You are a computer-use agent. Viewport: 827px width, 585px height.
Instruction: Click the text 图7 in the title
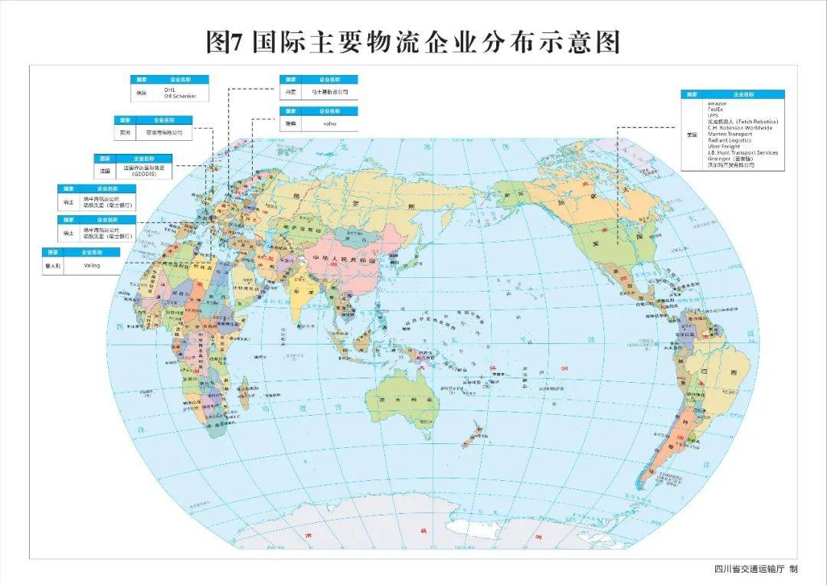pyautogui.click(x=224, y=43)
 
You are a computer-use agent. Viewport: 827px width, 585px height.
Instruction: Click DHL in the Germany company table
pyautogui.click(x=170, y=90)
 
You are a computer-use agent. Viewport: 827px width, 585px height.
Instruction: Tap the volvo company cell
pyautogui.click(x=329, y=123)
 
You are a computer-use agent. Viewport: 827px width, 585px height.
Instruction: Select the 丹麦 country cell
pyautogui.click(x=289, y=91)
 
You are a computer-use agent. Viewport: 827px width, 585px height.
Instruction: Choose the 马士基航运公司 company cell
pyautogui.click(x=329, y=91)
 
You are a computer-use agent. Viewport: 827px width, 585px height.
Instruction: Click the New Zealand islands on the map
pyautogui.click(x=471, y=434)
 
